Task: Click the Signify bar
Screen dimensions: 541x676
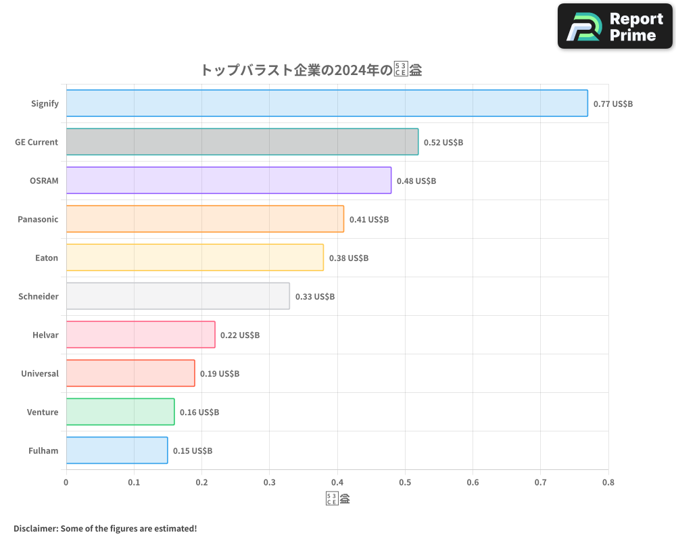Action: (327, 103)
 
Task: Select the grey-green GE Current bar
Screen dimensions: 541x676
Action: (242, 142)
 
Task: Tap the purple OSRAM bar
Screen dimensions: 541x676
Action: (228, 181)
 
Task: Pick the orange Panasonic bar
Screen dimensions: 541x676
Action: (205, 219)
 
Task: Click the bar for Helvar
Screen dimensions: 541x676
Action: (141, 335)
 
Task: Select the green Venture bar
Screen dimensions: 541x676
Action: (120, 412)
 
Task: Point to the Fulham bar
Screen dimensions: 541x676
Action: (117, 450)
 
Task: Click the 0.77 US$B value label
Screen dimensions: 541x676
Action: (612, 104)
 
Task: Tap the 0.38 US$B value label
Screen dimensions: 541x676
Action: (348, 258)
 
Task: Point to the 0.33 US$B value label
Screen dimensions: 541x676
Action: (314, 297)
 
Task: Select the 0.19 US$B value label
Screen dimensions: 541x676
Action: (219, 374)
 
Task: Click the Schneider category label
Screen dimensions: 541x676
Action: (39, 296)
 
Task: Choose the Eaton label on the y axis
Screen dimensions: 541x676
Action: (47, 258)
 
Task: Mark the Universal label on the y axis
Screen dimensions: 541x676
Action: (40, 373)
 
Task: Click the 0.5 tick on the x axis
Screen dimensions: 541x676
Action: (405, 483)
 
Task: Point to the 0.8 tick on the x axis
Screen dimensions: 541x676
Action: (608, 483)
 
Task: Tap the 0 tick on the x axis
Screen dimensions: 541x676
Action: (66, 483)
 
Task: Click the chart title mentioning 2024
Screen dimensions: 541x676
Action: (311, 70)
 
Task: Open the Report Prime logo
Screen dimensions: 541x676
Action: (615, 26)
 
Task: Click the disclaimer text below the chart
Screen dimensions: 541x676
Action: (105, 528)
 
